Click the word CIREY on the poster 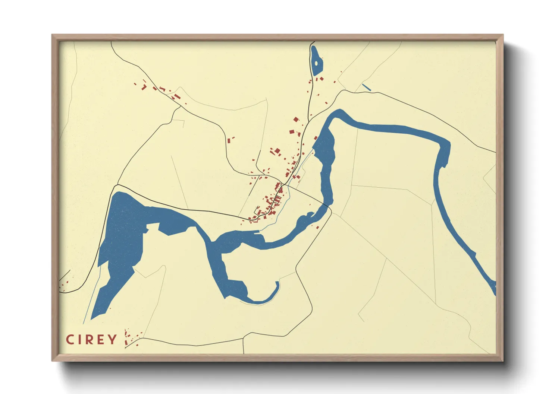click(91, 339)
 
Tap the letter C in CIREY click(69, 339)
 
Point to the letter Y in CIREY click(112, 339)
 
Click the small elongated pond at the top click(316, 60)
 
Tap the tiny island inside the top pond click(316, 63)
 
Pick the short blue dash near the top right click(367, 88)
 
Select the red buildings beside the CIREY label click(129, 337)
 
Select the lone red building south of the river click(317, 227)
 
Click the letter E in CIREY click(101, 339)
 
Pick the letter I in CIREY click(79, 339)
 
